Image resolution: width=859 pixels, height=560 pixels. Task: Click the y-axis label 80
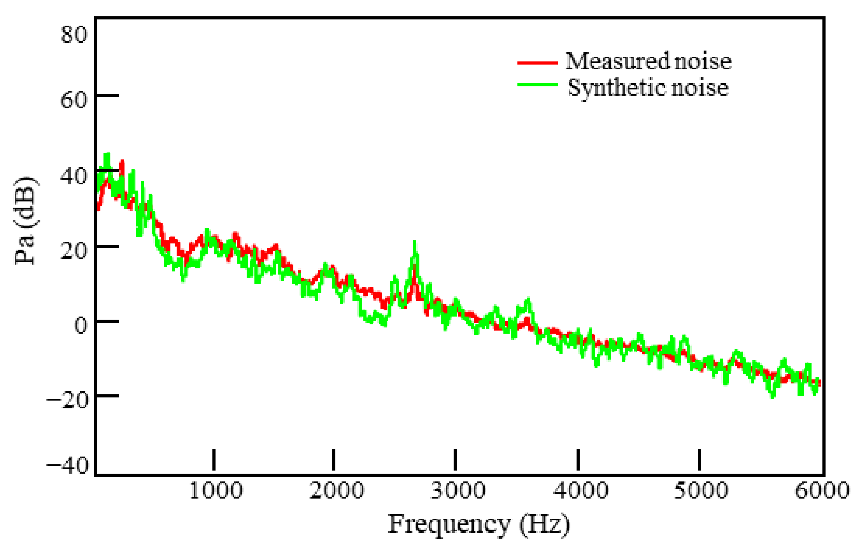[74, 35]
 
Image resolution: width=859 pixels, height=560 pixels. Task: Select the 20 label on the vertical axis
[74, 251]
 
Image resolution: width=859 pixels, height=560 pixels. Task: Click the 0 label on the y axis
[80, 326]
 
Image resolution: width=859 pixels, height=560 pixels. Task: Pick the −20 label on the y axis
[67, 400]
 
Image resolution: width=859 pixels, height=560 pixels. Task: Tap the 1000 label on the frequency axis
[216, 491]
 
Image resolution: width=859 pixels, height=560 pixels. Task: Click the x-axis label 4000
[580, 491]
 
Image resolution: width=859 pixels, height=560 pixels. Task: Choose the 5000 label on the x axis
[701, 491]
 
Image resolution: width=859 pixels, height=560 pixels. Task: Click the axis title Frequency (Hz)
[479, 525]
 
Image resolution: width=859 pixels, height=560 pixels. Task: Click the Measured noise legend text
[648, 61]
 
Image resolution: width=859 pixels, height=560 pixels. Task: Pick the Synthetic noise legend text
[648, 87]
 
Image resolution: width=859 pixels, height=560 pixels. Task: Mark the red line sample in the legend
[537, 62]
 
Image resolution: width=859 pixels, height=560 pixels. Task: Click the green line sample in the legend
[537, 84]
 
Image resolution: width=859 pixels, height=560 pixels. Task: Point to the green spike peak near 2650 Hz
[415, 243]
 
